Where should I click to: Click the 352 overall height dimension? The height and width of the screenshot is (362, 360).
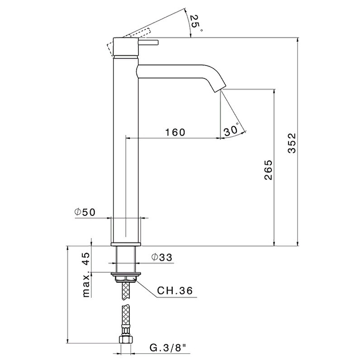pyautogui.click(x=292, y=143)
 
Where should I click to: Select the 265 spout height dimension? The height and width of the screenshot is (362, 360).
pyautogui.click(x=268, y=170)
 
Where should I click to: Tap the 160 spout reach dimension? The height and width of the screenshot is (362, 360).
pyautogui.click(x=175, y=132)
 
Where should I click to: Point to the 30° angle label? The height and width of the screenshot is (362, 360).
pyautogui.click(x=232, y=130)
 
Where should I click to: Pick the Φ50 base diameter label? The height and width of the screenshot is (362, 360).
pyautogui.click(x=85, y=212)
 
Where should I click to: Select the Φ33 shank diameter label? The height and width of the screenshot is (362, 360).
pyautogui.click(x=162, y=257)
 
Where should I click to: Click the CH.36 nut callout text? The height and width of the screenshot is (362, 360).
pyautogui.click(x=175, y=291)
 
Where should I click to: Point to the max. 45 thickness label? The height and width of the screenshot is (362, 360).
pyautogui.click(x=86, y=275)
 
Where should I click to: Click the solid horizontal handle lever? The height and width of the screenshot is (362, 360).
pyautogui.click(x=148, y=43)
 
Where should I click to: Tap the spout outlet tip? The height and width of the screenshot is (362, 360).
pyautogui.click(x=218, y=90)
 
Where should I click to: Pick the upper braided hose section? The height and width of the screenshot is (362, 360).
pyautogui.click(x=126, y=290)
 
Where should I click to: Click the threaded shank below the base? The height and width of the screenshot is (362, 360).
pyautogui.click(x=126, y=259)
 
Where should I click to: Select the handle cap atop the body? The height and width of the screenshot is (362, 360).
pyautogui.click(x=126, y=47)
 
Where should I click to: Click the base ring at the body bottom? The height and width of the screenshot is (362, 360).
pyautogui.click(x=126, y=244)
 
